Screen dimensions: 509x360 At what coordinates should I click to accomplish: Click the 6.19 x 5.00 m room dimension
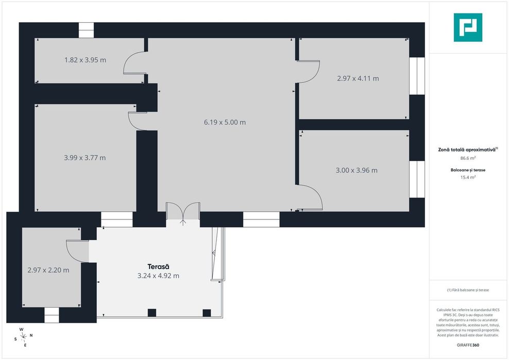tap(225, 123)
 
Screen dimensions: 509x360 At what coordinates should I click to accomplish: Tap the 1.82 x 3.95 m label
tap(85, 60)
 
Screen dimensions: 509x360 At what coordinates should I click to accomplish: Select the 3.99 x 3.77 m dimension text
tap(84, 158)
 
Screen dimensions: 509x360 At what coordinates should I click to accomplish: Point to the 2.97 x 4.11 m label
tap(358, 78)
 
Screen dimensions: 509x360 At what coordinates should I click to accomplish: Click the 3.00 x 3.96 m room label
tap(357, 170)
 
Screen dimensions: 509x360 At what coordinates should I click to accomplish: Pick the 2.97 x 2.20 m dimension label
tap(48, 270)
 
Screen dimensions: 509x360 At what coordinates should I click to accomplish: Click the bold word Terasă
tap(158, 267)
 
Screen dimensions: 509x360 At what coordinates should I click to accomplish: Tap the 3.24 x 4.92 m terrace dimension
tap(158, 276)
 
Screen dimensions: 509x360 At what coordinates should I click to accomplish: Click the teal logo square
tap(468, 27)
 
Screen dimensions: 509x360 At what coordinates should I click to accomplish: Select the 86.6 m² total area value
tap(468, 158)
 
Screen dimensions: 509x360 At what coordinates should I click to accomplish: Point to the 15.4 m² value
tap(468, 177)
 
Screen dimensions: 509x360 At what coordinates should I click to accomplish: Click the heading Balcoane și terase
tap(468, 170)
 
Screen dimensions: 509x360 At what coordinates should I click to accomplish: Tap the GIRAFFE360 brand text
tap(468, 345)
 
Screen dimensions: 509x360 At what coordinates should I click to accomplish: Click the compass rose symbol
tap(23, 337)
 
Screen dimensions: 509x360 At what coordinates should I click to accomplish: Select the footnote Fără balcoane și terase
tap(468, 290)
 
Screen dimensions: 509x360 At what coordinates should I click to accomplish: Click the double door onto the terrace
tap(183, 214)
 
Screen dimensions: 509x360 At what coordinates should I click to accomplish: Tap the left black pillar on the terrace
tap(152, 313)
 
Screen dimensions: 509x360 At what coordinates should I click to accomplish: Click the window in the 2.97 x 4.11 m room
tap(417, 76)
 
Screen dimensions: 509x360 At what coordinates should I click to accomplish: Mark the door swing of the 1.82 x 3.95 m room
tap(133, 63)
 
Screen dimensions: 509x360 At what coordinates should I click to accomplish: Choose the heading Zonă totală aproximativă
tap(468, 150)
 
